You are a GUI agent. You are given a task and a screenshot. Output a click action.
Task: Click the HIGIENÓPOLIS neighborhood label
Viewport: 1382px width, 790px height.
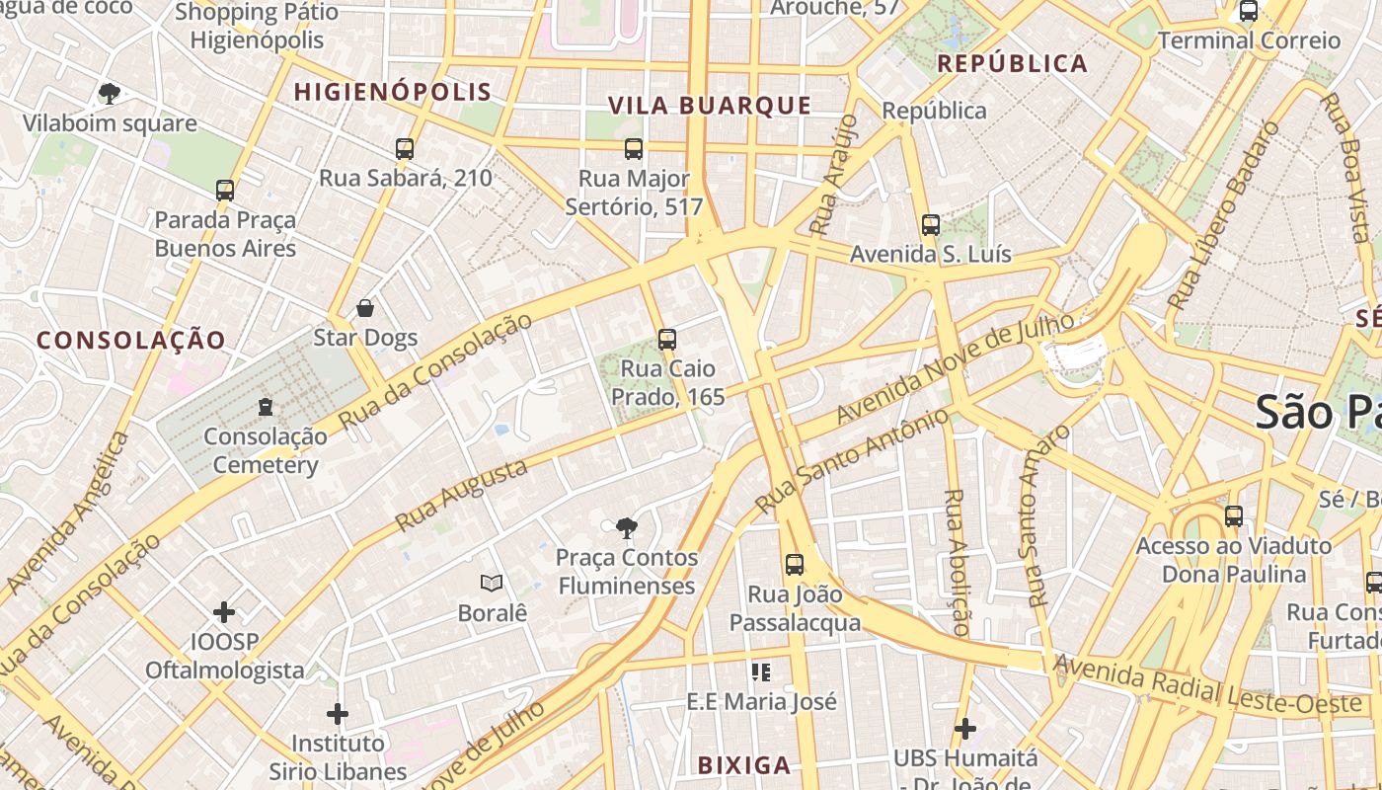click(x=393, y=92)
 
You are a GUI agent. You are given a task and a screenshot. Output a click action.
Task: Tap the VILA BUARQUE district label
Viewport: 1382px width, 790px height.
click(x=709, y=106)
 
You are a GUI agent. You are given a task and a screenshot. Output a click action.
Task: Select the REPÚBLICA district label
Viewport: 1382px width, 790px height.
click(x=1012, y=64)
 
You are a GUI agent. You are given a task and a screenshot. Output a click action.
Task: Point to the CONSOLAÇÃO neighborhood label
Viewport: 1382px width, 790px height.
click(x=131, y=341)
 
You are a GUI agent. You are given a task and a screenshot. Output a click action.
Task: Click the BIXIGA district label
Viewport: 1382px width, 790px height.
click(x=744, y=765)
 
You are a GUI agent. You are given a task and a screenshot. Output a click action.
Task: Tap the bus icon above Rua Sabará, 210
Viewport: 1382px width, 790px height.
click(x=405, y=149)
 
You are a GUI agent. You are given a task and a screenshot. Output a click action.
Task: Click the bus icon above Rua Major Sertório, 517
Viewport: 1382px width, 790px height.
click(x=634, y=149)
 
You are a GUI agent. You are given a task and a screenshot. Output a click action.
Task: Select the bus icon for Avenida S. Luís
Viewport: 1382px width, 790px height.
click(x=931, y=225)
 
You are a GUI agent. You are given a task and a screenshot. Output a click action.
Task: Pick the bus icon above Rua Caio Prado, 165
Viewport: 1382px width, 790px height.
click(x=667, y=340)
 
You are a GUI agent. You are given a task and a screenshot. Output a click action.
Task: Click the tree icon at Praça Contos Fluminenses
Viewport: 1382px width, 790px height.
click(x=626, y=528)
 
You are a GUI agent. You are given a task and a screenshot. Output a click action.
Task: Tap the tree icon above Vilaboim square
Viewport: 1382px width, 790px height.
click(x=110, y=94)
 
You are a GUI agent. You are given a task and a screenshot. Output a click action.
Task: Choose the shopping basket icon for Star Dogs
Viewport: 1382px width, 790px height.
click(x=365, y=308)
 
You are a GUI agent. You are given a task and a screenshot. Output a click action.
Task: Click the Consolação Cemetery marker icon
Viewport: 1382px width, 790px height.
click(x=265, y=406)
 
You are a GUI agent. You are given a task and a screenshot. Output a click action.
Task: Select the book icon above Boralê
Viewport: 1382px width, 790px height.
click(x=492, y=584)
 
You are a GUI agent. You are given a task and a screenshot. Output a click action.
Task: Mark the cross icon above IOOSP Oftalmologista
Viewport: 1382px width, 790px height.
click(x=224, y=612)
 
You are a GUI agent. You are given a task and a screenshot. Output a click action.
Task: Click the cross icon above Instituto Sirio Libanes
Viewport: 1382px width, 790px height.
click(x=338, y=713)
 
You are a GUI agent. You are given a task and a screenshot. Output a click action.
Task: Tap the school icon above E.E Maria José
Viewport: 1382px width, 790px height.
click(x=760, y=672)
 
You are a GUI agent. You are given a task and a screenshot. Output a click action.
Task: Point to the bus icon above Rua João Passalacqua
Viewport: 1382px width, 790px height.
click(x=795, y=565)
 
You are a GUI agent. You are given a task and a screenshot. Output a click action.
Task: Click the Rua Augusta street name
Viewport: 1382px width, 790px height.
click(x=461, y=496)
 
